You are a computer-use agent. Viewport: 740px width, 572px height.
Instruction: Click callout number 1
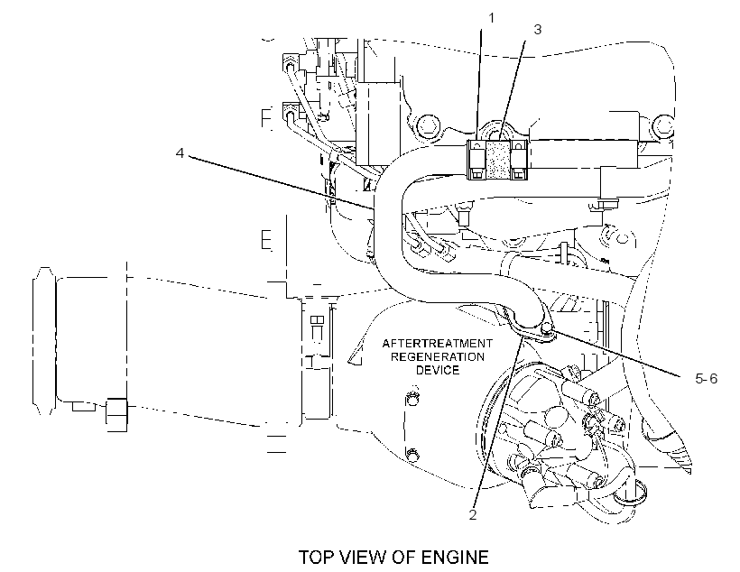(x=491, y=18)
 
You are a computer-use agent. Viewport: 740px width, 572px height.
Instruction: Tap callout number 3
(x=538, y=29)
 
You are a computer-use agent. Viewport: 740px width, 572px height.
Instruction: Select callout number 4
(x=180, y=152)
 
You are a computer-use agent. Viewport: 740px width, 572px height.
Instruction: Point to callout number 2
(x=473, y=515)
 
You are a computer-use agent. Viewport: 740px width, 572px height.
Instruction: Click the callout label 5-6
(x=706, y=378)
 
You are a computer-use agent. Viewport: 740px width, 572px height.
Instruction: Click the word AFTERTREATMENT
(x=438, y=343)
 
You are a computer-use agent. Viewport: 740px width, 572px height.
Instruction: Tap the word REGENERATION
(x=438, y=356)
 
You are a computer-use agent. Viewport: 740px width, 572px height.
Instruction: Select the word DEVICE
(x=438, y=370)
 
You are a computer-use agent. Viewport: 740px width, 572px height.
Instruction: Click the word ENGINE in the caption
(x=455, y=558)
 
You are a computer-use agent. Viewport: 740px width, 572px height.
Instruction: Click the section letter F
(x=266, y=118)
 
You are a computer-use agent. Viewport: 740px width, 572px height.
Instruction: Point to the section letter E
(x=266, y=240)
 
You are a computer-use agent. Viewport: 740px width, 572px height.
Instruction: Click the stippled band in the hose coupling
(x=497, y=161)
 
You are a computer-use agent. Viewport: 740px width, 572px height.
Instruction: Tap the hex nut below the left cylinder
(x=116, y=414)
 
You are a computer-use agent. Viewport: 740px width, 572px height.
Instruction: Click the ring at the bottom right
(x=630, y=492)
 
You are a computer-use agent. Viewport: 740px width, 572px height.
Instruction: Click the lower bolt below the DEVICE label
(x=412, y=454)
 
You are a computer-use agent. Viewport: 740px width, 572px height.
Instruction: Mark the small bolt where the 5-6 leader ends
(x=548, y=328)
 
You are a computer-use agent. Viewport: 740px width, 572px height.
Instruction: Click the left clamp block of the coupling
(x=476, y=161)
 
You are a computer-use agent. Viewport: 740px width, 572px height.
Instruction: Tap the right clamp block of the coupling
(x=518, y=161)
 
